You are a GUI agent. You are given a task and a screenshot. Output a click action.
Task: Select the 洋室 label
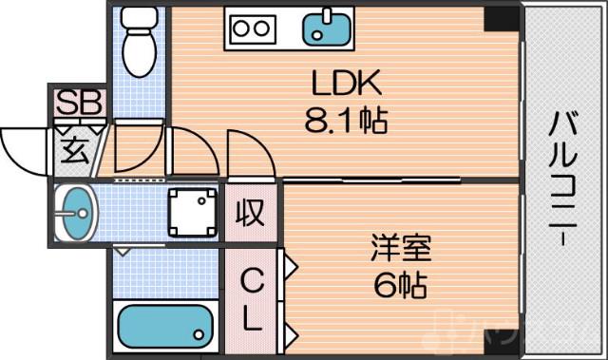pos(400,249)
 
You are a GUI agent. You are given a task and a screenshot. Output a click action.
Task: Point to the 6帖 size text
pos(400,284)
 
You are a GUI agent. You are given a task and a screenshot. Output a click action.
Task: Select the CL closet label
pos(251,299)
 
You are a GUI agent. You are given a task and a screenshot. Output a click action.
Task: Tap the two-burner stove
pos(252,28)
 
